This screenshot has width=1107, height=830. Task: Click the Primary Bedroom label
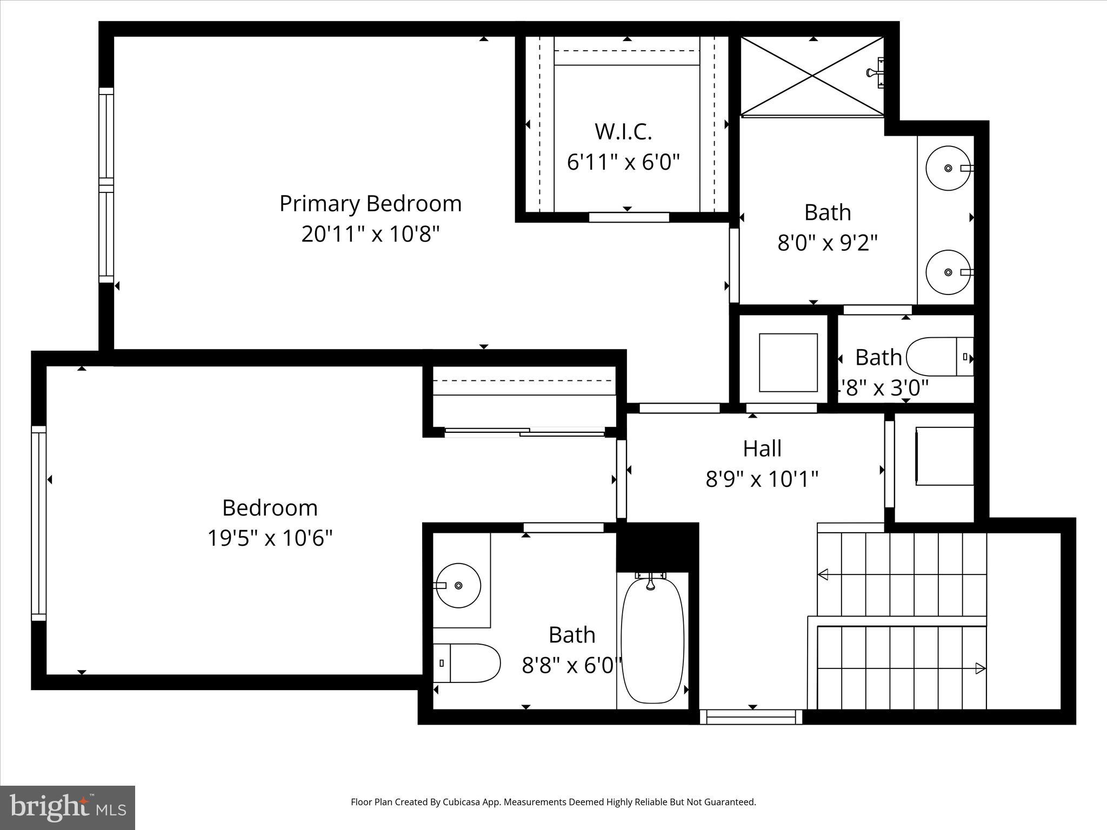point(370,204)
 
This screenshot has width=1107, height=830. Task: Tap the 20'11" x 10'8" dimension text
point(370,235)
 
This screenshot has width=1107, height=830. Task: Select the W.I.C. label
point(623,131)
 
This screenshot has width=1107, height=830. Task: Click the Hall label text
point(762,449)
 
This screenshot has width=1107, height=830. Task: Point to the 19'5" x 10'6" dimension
point(270,538)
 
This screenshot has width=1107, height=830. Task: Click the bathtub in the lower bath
point(652,640)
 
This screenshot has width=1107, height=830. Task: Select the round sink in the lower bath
point(458,585)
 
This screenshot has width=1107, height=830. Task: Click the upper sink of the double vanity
point(948,168)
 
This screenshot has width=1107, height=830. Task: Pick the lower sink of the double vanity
point(948,272)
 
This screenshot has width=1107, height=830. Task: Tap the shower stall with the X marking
point(812,76)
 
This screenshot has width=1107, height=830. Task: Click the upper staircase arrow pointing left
point(824,574)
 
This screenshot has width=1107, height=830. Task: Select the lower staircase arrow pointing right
point(979,668)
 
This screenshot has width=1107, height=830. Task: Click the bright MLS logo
point(68,807)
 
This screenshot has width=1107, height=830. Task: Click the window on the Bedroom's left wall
point(38,523)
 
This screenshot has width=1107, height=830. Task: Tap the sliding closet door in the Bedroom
point(524,432)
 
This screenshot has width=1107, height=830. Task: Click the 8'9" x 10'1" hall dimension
point(762,479)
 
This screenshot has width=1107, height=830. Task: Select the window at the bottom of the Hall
point(751,717)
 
